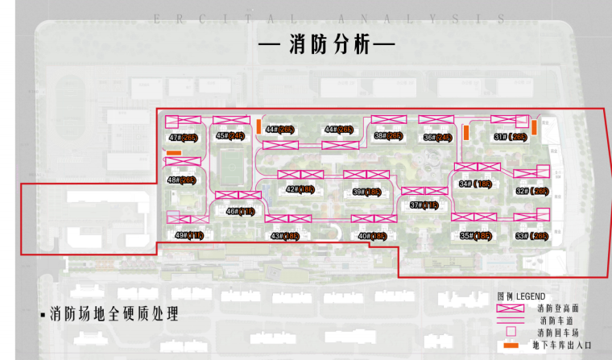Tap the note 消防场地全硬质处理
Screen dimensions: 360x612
coord(113,313)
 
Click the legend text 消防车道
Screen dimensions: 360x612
coord(552,321)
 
